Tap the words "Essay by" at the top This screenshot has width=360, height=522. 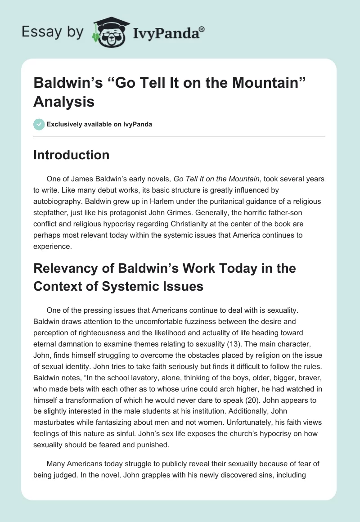[x=53, y=32]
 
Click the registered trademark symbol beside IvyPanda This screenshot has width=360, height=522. [x=202, y=30]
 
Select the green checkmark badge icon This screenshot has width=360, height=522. [x=39, y=124]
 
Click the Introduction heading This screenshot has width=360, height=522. [x=72, y=155]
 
